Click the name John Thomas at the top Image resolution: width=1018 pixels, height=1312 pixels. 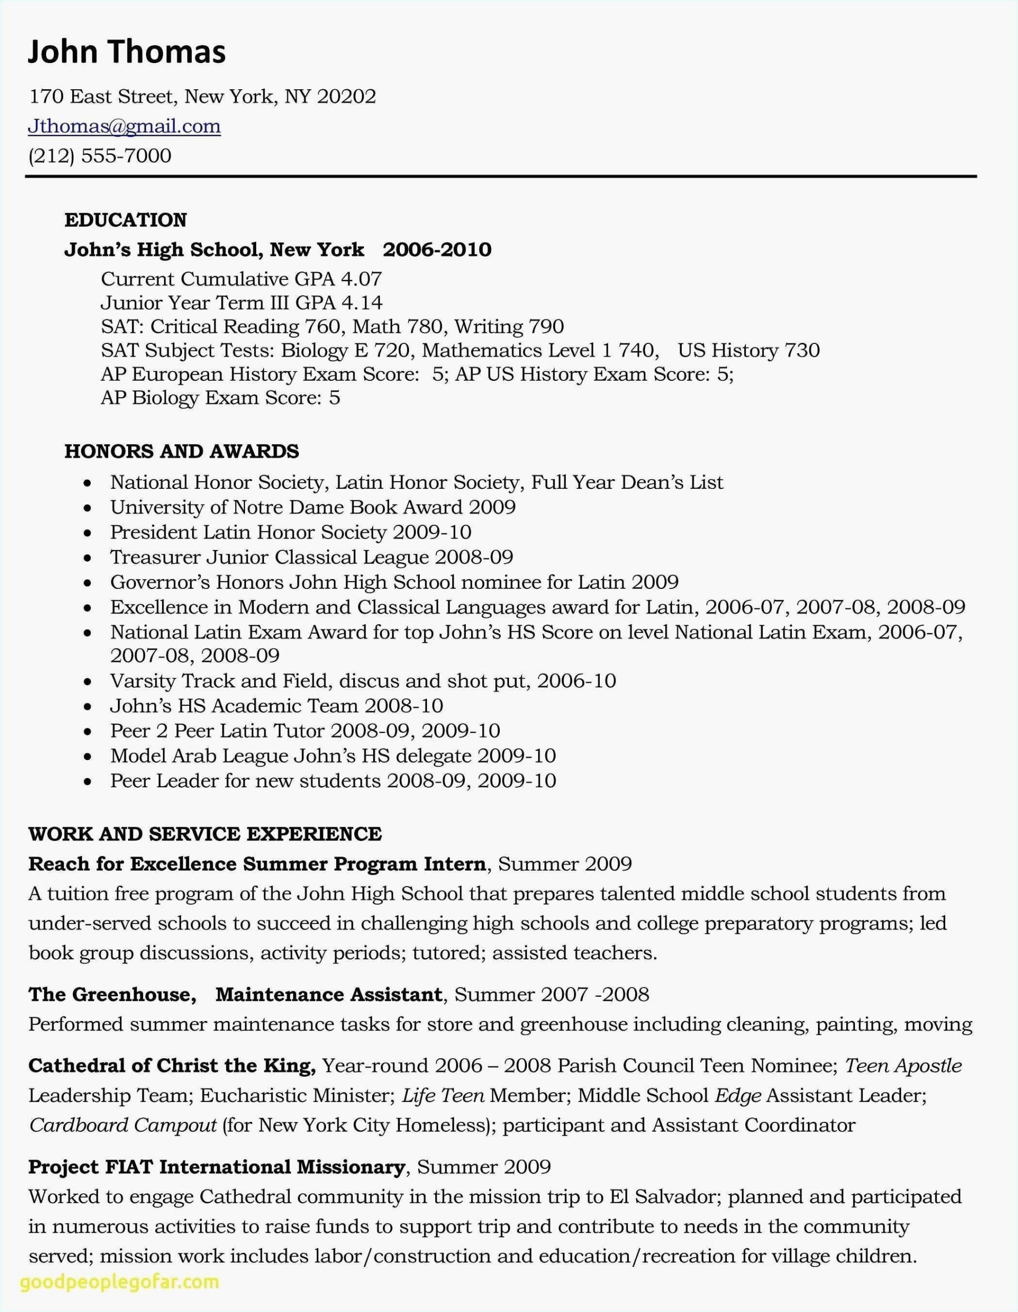pyautogui.click(x=127, y=52)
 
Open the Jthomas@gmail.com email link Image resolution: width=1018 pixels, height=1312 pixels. pyautogui.click(x=125, y=126)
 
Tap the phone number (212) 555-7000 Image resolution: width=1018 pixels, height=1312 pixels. pyautogui.click(x=100, y=156)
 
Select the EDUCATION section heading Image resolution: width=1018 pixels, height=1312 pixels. pyautogui.click(x=126, y=220)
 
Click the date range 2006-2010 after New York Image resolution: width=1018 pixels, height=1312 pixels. pyautogui.click(x=437, y=249)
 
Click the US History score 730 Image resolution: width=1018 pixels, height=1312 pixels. pyautogui.click(x=802, y=350)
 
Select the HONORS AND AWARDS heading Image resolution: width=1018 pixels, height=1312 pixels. pyautogui.click(x=181, y=451)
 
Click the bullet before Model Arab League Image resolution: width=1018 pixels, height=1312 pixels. pyautogui.click(x=88, y=757)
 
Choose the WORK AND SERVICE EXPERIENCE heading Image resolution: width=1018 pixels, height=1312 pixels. pyautogui.click(x=205, y=834)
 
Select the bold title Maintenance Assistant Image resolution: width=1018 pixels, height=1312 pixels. pyautogui.click(x=329, y=994)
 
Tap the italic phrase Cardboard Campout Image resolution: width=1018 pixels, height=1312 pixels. pyautogui.click(x=123, y=1124)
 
